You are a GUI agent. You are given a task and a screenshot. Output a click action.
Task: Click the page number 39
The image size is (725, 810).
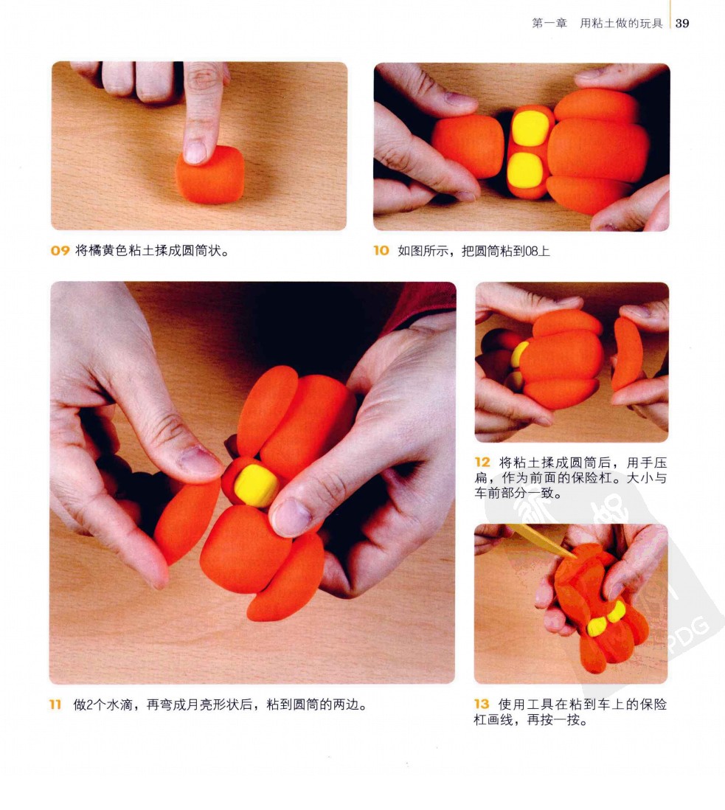pos(682,24)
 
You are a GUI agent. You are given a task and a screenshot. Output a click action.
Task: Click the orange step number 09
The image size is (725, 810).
pos(60,251)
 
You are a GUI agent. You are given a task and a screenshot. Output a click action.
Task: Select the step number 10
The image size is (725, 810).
pos(381,251)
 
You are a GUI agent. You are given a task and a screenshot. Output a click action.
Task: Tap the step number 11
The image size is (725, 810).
pos(55,705)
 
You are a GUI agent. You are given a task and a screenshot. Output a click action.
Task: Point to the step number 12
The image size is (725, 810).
pos(482,462)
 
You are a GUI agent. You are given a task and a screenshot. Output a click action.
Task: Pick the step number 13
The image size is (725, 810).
pos(482,704)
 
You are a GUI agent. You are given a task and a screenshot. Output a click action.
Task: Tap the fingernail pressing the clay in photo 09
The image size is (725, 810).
pos(195,153)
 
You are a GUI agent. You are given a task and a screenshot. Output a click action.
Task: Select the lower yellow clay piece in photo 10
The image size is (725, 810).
pos(525,170)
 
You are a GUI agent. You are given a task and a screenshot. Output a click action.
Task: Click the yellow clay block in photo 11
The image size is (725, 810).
pos(257,485)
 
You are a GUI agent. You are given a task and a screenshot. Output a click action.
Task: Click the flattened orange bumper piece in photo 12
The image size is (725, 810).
pos(627,354)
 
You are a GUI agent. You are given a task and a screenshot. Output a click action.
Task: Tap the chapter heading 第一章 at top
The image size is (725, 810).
pos(549,24)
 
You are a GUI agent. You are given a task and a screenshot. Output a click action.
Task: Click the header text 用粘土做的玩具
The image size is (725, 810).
pos(621,24)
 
